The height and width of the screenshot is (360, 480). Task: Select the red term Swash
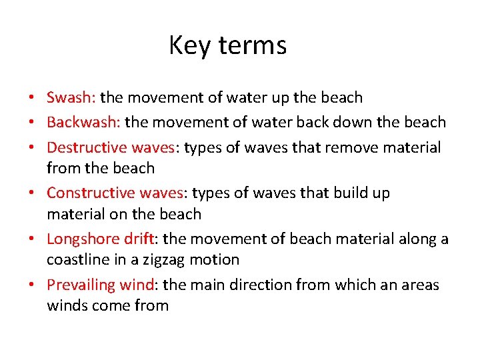[71, 97]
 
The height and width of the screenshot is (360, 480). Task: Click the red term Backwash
[83, 122]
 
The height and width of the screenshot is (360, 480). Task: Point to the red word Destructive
[87, 147]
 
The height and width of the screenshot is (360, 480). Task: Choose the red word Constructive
[91, 193]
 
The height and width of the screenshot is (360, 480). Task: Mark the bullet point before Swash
[32, 98]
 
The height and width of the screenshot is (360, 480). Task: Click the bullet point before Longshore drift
[32, 239]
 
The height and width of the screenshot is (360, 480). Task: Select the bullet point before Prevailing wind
[32, 285]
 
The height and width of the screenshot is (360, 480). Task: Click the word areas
[418, 285]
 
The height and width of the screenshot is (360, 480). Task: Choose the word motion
[216, 260]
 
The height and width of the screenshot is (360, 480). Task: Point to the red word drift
[139, 239]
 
